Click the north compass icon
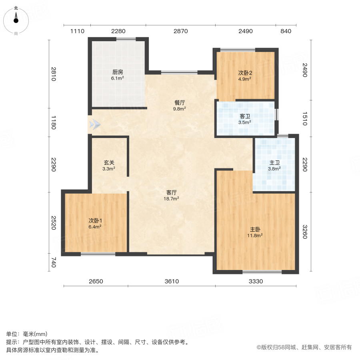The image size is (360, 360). click(x=16, y=20)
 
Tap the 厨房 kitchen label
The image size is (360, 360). click(x=117, y=72)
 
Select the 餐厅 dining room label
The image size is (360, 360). click(x=179, y=102)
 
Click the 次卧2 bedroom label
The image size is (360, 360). click(x=245, y=73)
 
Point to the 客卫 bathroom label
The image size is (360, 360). click(x=245, y=116)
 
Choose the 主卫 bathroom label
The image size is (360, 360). click(x=274, y=163)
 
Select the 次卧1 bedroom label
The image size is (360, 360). click(x=95, y=220)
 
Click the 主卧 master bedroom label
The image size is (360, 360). click(x=256, y=230)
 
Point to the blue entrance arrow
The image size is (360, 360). click(x=94, y=124)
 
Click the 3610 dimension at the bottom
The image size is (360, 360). click(x=171, y=281)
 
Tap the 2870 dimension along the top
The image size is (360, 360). click(x=180, y=31)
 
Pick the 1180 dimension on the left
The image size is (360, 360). click(x=54, y=122)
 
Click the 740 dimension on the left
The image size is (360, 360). click(x=54, y=263)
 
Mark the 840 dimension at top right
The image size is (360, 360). click(x=286, y=31)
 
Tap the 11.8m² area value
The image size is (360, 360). click(x=256, y=236)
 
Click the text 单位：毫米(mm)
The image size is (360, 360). click(x=27, y=334)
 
